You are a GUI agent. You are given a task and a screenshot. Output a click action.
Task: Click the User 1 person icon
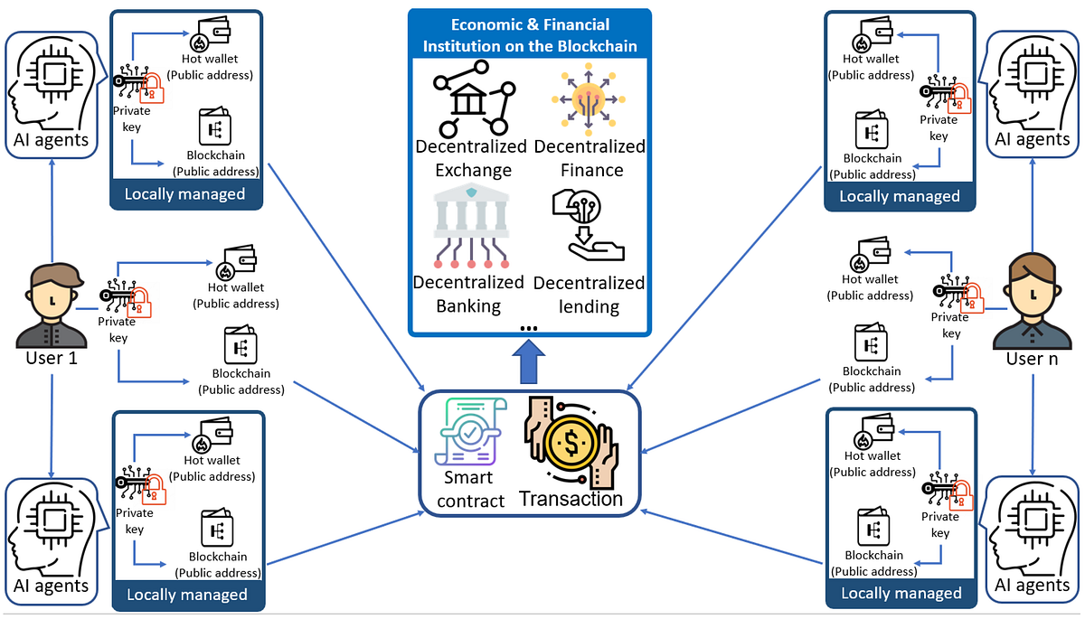pyautogui.click(x=52, y=305)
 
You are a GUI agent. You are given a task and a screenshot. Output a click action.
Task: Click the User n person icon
pyautogui.click(x=1032, y=303)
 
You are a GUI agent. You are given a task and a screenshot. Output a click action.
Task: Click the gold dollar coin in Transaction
pyautogui.click(x=571, y=442)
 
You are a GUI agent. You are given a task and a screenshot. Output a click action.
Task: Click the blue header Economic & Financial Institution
pyautogui.click(x=530, y=35)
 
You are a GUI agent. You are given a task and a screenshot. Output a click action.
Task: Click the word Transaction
pyautogui.click(x=571, y=499)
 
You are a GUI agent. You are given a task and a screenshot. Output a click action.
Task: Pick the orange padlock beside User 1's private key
pyautogui.click(x=141, y=302)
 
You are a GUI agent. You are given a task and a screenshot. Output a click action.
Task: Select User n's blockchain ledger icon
pyautogui.click(x=872, y=344)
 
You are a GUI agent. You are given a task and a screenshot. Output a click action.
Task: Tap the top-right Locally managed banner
pyautogui.click(x=900, y=196)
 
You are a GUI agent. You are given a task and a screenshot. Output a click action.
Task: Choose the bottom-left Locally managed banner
pyautogui.click(x=187, y=595)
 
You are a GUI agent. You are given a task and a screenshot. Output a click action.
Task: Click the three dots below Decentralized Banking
pyautogui.click(x=529, y=328)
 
